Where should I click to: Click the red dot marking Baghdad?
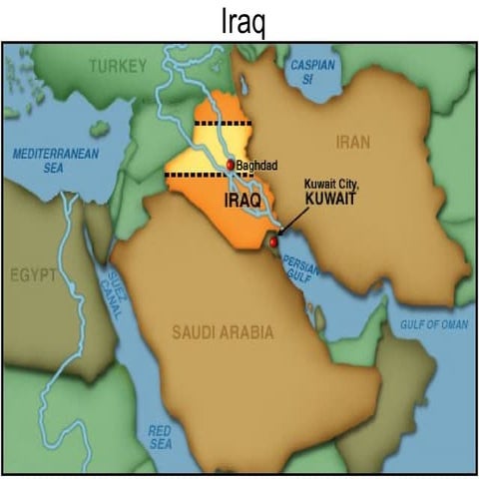[x=231, y=164]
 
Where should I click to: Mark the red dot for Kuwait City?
[x=274, y=240]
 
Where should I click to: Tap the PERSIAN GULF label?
[x=300, y=267]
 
